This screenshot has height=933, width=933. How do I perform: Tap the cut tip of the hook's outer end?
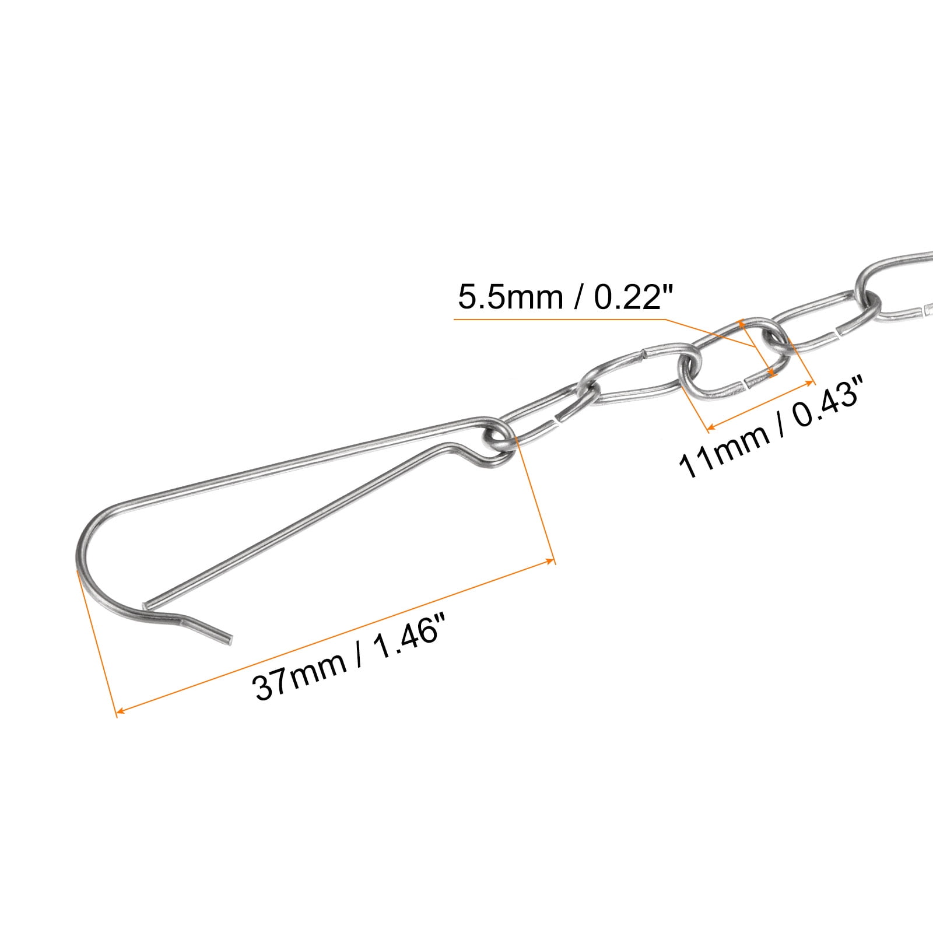tap(230, 640)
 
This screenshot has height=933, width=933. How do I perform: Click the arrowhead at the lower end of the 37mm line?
tap(118, 711)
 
